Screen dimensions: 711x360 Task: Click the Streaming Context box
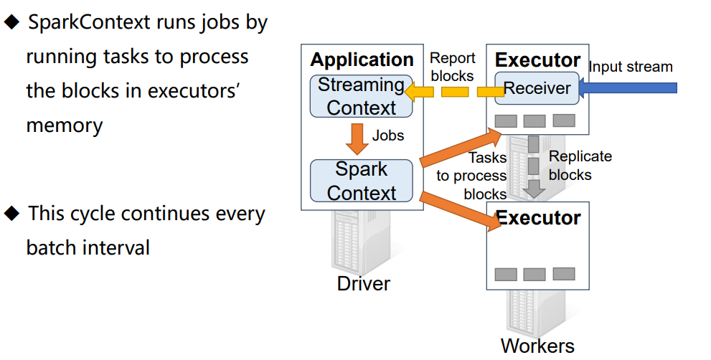point(362,96)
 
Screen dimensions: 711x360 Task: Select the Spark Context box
point(362,181)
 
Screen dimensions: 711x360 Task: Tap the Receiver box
point(537,88)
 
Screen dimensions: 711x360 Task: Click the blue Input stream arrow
point(628,87)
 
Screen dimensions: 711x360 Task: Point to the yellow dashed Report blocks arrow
point(454,92)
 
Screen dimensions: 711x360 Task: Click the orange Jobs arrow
point(357,138)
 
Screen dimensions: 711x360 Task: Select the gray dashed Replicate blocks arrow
point(535,166)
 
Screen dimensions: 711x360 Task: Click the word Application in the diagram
point(362,60)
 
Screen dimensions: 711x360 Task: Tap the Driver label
point(363,284)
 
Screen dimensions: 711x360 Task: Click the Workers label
point(537,346)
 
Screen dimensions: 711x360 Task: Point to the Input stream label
point(631,67)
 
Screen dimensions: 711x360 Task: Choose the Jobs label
point(388,136)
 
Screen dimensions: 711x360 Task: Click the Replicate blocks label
point(580,166)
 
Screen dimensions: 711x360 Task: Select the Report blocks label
point(452,67)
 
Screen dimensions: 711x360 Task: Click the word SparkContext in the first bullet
point(89,22)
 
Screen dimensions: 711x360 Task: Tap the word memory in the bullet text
point(65,125)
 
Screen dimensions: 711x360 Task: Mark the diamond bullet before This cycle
point(11,213)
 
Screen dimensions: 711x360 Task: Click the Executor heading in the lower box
point(538,218)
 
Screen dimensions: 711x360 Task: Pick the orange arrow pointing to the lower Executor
point(461,212)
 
